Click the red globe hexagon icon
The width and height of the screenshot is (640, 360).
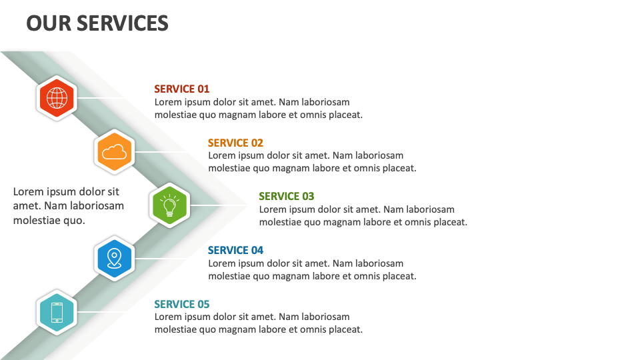[x=57, y=98]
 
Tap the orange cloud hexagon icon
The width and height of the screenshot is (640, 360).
[x=115, y=152]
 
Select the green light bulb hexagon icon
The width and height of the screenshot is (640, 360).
[x=171, y=205]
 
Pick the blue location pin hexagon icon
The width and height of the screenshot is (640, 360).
[x=115, y=259]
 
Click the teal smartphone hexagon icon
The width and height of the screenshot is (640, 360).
[x=57, y=313]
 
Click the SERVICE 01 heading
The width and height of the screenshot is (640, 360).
[x=181, y=89]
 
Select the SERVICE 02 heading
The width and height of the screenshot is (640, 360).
[x=235, y=143]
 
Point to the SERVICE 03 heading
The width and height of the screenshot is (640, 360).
[x=286, y=196]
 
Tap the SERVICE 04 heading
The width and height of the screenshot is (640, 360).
[x=235, y=250]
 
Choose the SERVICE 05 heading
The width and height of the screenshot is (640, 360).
[x=181, y=304]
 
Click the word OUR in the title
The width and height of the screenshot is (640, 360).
[x=48, y=24]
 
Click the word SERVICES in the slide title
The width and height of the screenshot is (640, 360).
[x=123, y=24]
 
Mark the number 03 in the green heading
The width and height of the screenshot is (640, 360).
[x=307, y=196]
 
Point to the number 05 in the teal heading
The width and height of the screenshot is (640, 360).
[x=202, y=304]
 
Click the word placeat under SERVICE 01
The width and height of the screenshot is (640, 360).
[x=345, y=115]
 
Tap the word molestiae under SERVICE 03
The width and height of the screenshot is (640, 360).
[x=280, y=222]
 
